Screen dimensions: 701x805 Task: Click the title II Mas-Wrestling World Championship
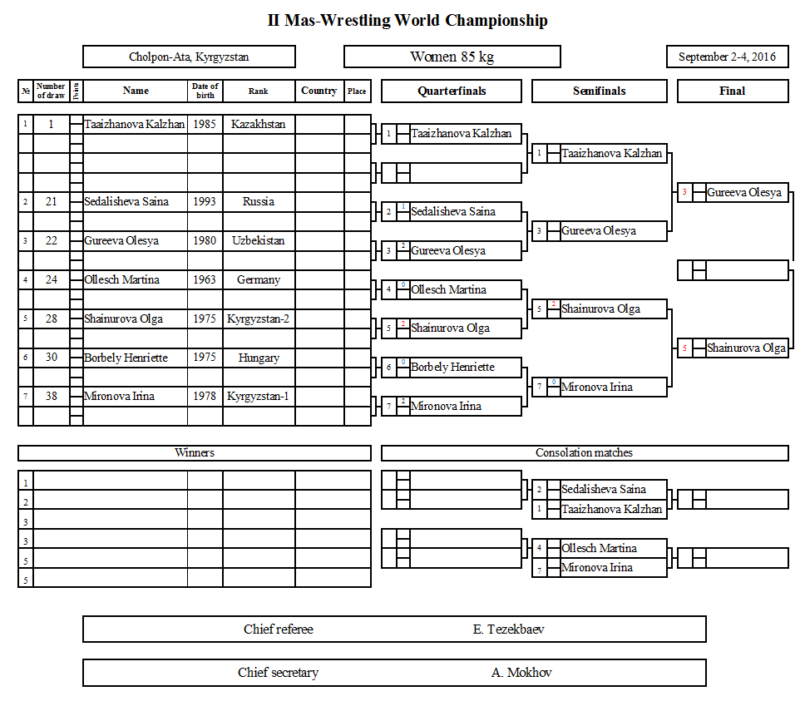(x=407, y=21)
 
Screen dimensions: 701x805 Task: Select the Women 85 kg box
(x=452, y=57)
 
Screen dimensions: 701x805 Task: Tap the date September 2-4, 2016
(x=727, y=57)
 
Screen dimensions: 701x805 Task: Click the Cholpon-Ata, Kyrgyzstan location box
(x=189, y=57)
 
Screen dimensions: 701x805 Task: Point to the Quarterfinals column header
(x=452, y=91)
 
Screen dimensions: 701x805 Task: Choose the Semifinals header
(x=599, y=91)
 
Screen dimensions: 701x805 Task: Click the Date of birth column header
(x=205, y=91)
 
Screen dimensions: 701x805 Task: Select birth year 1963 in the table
(x=205, y=279)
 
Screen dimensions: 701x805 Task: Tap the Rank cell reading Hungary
(x=259, y=358)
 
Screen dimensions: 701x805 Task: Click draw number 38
(x=52, y=397)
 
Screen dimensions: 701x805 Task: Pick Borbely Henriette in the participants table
(x=126, y=358)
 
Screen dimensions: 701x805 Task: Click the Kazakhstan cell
(x=259, y=124)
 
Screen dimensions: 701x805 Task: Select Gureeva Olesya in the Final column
(x=744, y=193)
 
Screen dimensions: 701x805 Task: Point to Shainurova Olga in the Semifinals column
(x=600, y=309)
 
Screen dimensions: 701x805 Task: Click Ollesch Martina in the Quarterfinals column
(x=448, y=289)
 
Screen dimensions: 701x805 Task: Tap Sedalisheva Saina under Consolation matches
(x=603, y=489)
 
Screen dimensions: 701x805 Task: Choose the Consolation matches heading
(x=584, y=453)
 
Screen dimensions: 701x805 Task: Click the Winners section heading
(x=195, y=453)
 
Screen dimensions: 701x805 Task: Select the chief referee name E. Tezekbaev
(x=508, y=629)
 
